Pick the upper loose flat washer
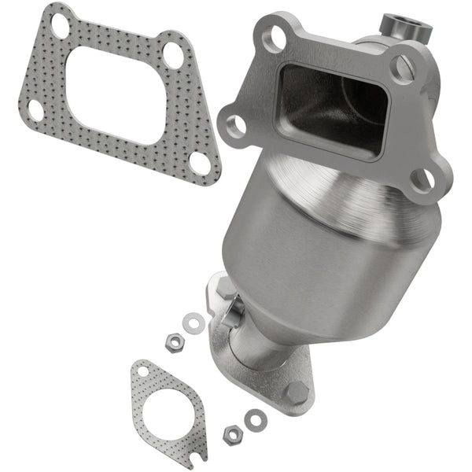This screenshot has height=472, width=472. coord(190,323)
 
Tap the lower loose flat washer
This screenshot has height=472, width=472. coord(254,420)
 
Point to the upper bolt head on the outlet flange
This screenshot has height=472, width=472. coord(223,290)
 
